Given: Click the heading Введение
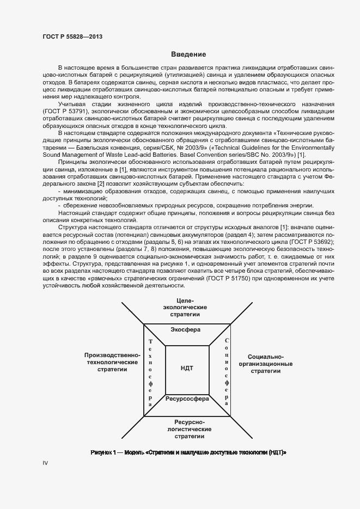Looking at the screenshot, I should point(188,54).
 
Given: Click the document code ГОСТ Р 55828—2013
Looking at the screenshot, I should point(72,37).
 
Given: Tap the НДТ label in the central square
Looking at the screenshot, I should point(187,369).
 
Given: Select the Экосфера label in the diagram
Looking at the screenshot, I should point(186,330).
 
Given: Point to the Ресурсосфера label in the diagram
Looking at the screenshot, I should point(187,399).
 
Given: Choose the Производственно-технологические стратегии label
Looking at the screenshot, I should point(113,361).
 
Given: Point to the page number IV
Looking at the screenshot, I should point(46,463).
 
